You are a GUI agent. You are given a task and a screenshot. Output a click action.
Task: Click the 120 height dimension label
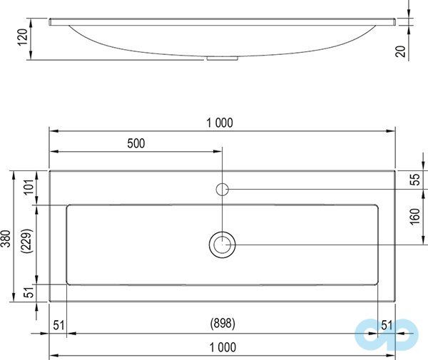click(23, 37)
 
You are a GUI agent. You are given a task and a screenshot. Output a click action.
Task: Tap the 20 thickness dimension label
click(400, 51)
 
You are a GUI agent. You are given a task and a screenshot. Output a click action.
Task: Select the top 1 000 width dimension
click(220, 123)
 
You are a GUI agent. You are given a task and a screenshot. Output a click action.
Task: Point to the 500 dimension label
click(136, 143)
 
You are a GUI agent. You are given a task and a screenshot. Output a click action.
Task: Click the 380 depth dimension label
click(6, 239)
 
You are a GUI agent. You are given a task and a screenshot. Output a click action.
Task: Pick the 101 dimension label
click(29, 187)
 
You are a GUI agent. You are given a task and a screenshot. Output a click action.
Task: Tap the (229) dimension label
click(27, 241)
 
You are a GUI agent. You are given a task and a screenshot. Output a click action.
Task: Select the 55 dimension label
click(415, 180)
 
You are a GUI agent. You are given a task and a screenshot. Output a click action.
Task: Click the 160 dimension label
click(415, 217)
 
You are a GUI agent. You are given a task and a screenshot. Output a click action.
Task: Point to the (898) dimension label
click(223, 324)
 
